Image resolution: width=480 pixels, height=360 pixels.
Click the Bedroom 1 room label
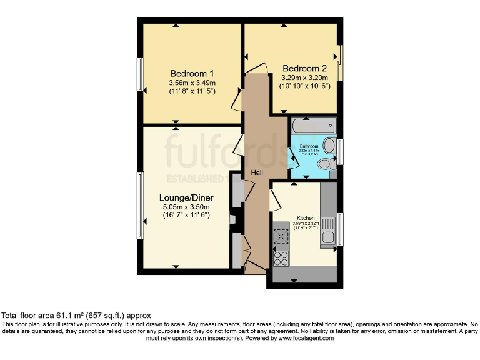click(192, 73)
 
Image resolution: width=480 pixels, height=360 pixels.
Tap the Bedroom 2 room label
click(304, 68)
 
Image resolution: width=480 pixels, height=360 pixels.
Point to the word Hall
click(257, 172)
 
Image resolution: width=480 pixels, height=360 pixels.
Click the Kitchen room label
click(306, 219)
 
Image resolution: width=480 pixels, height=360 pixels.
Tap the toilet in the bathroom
click(324, 164)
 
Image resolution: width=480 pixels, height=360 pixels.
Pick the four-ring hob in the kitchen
click(281, 257)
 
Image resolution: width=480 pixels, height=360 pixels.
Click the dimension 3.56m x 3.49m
click(192, 82)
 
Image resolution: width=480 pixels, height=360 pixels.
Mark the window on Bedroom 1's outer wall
click(141, 74)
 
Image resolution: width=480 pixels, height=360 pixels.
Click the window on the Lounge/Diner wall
click(141, 206)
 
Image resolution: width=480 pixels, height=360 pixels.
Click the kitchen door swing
click(275, 201)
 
